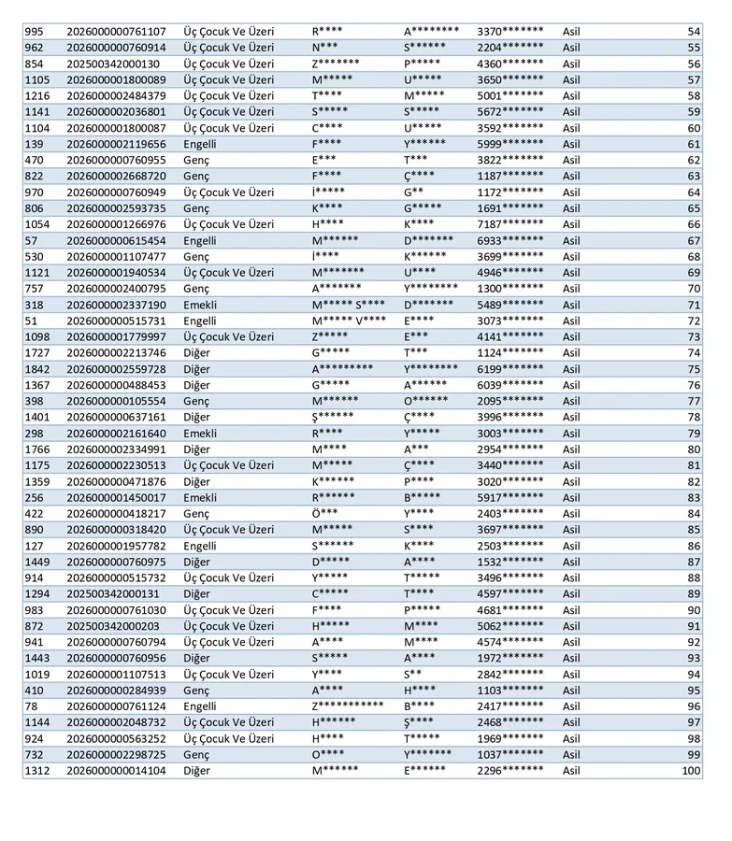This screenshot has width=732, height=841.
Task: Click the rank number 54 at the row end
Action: [x=693, y=32]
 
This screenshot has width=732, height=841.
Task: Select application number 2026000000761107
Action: [x=116, y=32]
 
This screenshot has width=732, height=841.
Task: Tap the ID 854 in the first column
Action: [x=34, y=64]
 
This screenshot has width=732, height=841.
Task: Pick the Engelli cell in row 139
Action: [x=200, y=144]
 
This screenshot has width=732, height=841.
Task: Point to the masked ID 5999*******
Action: [x=510, y=144]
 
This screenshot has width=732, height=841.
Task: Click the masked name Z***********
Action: [x=348, y=706]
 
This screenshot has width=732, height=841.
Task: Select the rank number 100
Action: [x=690, y=770]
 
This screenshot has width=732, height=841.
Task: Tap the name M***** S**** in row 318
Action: [x=348, y=305]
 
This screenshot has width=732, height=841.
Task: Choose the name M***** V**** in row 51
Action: [x=349, y=321]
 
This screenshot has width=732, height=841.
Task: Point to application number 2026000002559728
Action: [x=116, y=369]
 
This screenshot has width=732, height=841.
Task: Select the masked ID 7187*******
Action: [x=510, y=224]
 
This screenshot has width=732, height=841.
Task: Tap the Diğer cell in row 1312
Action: [x=196, y=770]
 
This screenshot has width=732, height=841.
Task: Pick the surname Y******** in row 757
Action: [x=431, y=289]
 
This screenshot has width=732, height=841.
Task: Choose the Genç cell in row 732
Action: [x=196, y=754]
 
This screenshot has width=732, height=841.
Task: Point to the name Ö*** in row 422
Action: [x=325, y=513]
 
